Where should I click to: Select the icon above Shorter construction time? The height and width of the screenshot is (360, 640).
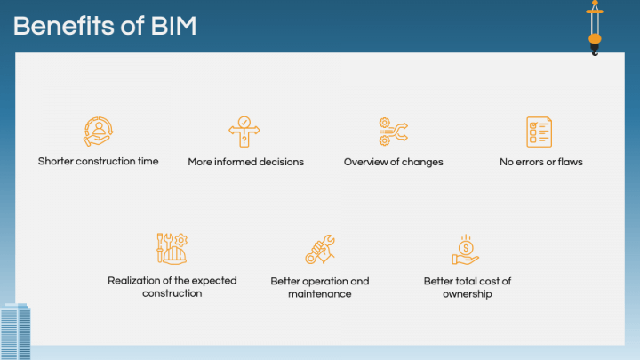[98, 132]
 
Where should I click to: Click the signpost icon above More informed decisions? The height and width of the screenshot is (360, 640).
[244, 132]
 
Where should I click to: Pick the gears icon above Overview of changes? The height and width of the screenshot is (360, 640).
[392, 132]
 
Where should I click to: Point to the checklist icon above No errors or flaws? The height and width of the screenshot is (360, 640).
[540, 132]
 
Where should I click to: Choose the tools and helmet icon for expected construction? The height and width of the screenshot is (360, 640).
[172, 248]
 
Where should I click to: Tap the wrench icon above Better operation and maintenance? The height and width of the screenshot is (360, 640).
[319, 250]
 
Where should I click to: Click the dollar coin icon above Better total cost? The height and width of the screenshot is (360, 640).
[466, 250]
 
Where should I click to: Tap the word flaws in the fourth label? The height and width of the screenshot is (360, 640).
[570, 163]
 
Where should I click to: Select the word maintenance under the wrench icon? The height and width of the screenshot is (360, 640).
[319, 294]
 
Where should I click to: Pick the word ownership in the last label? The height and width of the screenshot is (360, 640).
[467, 294]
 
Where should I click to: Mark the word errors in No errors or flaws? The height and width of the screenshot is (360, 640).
[529, 163]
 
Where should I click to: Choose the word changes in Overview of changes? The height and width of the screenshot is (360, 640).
[423, 163]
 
